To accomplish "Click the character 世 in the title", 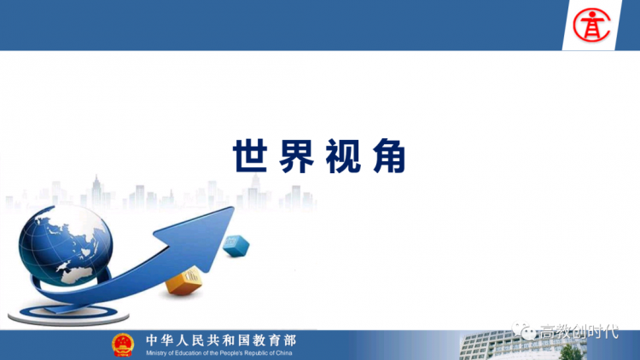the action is tap(250, 156).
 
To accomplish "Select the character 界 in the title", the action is tap(297, 156).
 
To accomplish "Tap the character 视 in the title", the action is tap(343, 156).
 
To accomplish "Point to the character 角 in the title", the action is tap(389, 156).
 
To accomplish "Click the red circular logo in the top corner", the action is tap(591, 26).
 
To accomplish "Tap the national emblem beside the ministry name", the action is tap(123, 345).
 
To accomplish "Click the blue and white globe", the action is tap(66, 245).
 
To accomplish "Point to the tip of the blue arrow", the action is tap(234, 207).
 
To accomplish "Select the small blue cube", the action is tap(236, 246).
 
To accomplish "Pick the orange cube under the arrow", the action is tap(184, 281).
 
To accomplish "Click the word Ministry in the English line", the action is tap(155, 353).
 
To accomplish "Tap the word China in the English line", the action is tap(284, 353).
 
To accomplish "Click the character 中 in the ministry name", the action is tap(152, 340).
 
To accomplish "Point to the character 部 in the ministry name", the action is tap(290, 340).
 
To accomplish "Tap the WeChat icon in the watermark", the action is tap(524, 331).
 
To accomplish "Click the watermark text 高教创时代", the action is tap(579, 332).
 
